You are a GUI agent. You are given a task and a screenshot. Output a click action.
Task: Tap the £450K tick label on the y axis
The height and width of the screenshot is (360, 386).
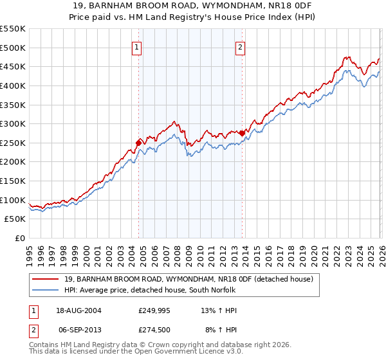(x=13, y=66)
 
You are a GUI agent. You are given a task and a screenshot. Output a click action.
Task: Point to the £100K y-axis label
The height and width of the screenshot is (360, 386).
(x=13, y=200)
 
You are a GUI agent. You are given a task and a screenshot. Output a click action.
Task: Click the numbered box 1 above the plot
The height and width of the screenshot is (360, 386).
(x=138, y=47)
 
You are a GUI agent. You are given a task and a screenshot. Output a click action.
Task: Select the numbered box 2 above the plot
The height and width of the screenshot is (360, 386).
(x=241, y=47)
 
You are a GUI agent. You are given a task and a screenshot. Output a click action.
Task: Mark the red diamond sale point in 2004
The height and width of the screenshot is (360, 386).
(x=138, y=143)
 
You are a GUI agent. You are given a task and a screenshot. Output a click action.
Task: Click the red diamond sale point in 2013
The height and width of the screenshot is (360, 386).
(x=242, y=133)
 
